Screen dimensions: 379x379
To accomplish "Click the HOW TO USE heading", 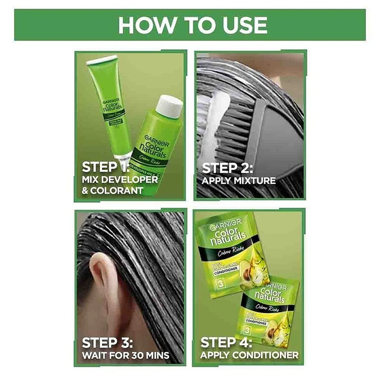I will pyautogui.click(x=192, y=25).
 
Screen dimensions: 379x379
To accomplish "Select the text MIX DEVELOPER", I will pyautogui.click(x=120, y=180).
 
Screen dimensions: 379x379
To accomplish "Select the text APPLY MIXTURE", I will pyautogui.click(x=238, y=181).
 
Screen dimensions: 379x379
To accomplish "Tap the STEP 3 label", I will pyautogui.click(x=107, y=343).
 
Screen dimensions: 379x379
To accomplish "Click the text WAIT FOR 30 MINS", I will pyautogui.click(x=125, y=355).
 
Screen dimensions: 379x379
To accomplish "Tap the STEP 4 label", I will pyautogui.click(x=226, y=343).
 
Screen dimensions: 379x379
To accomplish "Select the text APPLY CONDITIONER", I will pyautogui.click(x=250, y=355).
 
